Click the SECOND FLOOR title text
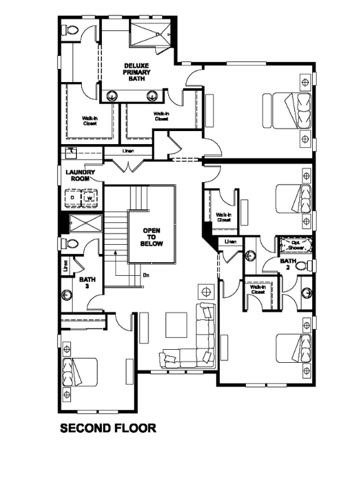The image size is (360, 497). point(107,428)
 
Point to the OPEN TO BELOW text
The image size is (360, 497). point(152,237)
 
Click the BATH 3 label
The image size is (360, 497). point(87,283)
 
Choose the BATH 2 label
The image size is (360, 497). point(288,265)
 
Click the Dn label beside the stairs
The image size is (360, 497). point(146,275)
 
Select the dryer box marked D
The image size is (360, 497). point(73,198)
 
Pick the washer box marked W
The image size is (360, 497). point(89,198)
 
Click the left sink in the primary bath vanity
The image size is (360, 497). point(113,95)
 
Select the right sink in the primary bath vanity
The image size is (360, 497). point(152,95)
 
